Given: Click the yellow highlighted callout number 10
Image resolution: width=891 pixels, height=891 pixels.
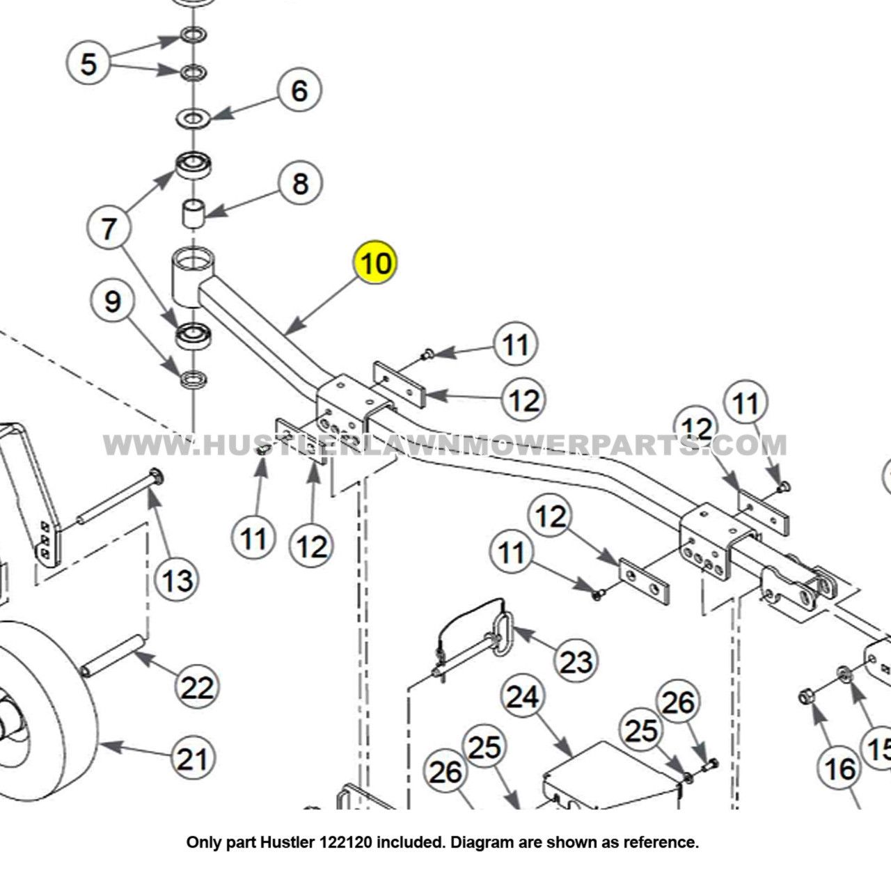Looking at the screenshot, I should tap(375, 263).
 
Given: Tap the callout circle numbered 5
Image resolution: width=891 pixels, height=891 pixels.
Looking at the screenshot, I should tap(88, 63).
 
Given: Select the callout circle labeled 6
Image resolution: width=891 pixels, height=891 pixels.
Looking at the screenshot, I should tap(299, 90).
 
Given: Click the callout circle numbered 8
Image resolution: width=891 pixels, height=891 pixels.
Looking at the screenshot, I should tap(300, 184).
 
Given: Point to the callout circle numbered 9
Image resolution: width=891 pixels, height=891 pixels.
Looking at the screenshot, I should tap(112, 301).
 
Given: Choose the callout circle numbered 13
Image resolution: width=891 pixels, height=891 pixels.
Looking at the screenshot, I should tap(177, 579).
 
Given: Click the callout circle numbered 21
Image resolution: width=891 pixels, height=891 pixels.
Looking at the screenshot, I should tap(193, 758).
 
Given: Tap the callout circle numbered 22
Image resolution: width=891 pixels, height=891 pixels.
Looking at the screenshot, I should tap(196, 687).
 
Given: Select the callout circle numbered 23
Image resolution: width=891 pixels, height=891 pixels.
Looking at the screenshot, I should tap(576, 661).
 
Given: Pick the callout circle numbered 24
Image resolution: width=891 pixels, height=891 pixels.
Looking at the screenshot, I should tap(522, 696).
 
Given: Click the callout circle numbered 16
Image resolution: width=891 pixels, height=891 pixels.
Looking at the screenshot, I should tap(839, 768).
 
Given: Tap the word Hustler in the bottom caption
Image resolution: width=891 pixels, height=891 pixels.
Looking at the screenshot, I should tap(283, 842).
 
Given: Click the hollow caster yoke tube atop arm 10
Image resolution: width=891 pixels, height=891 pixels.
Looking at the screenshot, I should tap(192, 277).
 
